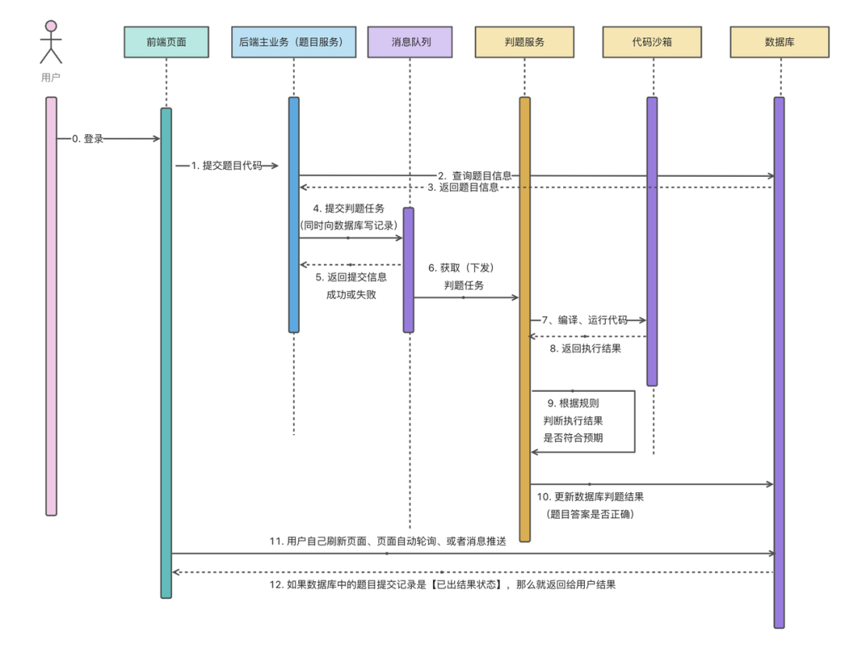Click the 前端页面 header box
coord(166,42)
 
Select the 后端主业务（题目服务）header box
coord(294,42)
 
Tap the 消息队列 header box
coord(410,42)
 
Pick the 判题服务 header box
coord(524,42)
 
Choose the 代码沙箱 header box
coord(652,42)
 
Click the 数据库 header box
coord(779,42)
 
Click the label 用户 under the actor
coord(51,77)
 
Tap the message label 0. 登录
coord(87,139)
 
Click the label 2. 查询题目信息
coord(474,175)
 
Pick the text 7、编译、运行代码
coord(584,320)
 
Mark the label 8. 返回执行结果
coord(586,349)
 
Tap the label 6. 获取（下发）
coord(461,268)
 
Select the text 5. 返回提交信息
coord(351,277)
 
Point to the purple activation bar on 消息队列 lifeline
coord(408,270)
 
